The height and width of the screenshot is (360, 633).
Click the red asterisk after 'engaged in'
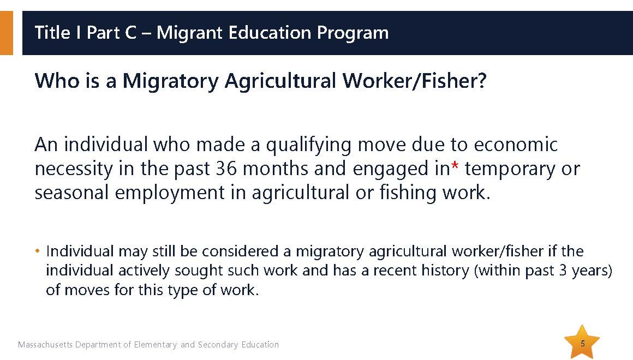tap(455, 165)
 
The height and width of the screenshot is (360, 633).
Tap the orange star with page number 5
tap(582, 342)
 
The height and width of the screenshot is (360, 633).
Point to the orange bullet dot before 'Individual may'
tap(38, 251)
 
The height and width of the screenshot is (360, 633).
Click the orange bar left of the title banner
tap(7, 33)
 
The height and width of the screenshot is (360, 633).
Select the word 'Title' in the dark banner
tap(52, 33)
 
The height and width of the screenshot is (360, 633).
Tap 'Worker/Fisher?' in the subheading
tap(414, 81)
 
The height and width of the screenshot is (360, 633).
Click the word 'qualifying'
tap(308, 145)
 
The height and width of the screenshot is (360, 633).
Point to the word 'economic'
tap(516, 145)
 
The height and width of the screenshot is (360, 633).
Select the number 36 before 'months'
tap(226, 169)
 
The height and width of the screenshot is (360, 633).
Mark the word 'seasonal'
tap(71, 193)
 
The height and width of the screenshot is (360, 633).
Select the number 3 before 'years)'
tap(563, 271)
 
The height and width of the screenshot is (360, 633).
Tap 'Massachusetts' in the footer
tap(45, 345)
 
